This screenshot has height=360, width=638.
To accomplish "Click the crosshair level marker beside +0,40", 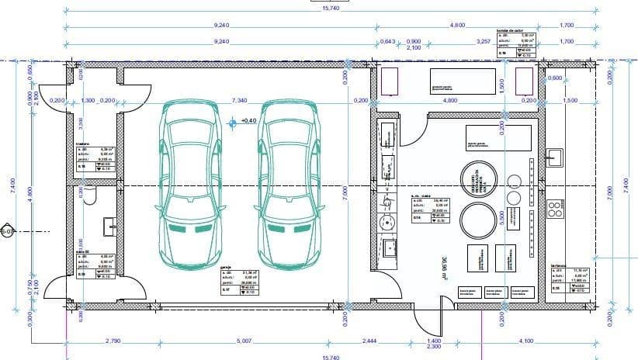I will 232,122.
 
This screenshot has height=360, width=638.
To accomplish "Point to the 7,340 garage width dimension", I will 239,101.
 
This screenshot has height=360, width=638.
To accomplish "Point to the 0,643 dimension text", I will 387,41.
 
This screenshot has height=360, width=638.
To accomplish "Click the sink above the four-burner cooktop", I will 557,158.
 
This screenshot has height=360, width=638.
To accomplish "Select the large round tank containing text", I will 477,180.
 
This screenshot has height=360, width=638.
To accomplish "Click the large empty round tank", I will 477,222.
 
